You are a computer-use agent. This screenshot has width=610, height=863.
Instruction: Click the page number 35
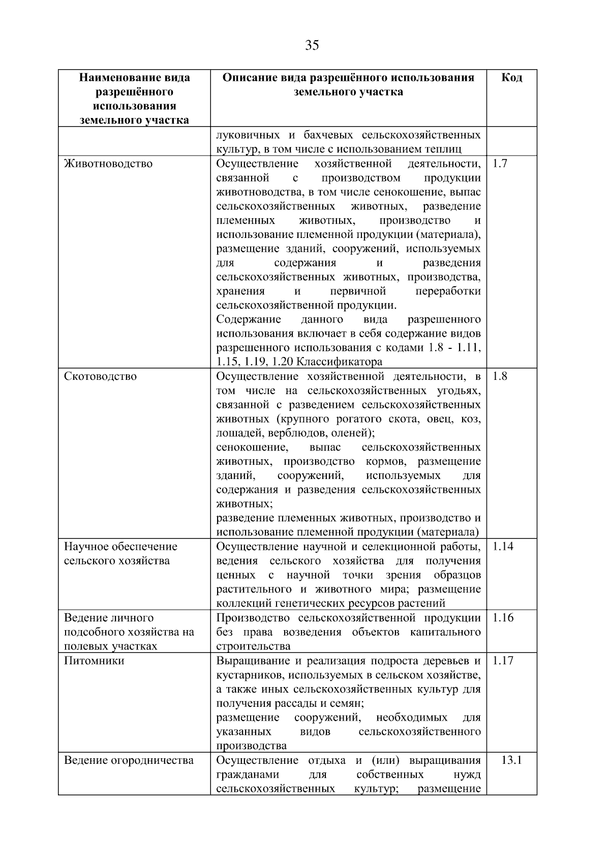point(312,46)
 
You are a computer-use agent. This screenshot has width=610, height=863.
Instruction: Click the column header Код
point(511,78)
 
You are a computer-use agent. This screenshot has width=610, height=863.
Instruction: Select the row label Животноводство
point(108,164)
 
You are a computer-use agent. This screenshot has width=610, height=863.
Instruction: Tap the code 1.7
point(500,164)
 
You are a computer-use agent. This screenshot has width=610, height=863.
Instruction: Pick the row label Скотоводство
point(100,377)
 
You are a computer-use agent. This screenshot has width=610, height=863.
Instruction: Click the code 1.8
point(500,377)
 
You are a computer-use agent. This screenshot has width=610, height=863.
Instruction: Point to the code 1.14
point(503,547)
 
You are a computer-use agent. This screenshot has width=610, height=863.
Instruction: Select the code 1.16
point(503,618)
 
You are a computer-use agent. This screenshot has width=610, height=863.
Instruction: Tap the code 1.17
point(503,661)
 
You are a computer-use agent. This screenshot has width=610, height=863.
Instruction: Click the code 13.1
point(511,760)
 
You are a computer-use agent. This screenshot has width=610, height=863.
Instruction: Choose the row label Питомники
point(94,661)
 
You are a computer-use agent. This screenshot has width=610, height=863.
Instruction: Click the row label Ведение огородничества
point(129,760)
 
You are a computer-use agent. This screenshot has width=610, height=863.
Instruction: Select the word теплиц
point(446,150)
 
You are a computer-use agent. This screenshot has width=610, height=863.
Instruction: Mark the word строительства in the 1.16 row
point(253,646)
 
